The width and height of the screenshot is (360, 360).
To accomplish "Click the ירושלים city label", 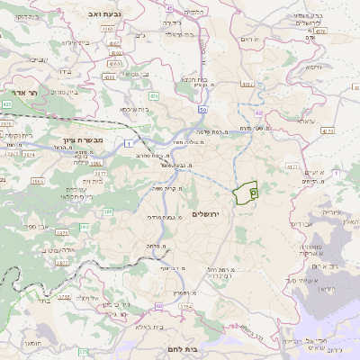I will [206, 212].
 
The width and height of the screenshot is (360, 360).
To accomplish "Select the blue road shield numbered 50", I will [204, 109].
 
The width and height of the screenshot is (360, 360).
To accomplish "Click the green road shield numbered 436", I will [154, 95].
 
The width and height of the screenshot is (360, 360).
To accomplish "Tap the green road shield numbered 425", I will [6, 105].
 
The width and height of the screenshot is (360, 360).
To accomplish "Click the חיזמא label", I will [314, 67].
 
